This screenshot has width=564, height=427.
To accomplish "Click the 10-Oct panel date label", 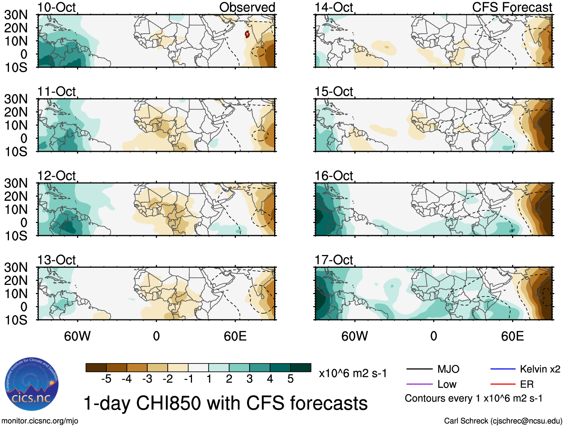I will (56, 7).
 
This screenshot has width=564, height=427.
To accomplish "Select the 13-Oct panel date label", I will (56, 260).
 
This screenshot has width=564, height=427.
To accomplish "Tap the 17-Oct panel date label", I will (334, 260).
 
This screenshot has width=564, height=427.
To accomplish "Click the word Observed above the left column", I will (247, 7).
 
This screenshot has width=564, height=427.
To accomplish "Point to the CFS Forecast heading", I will (512, 7).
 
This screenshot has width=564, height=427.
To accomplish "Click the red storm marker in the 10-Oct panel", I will (247, 34).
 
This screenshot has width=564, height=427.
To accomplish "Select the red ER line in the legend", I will (503, 384).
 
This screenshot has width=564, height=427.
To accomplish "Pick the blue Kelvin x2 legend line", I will (503, 369).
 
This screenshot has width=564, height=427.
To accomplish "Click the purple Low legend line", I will (419, 384).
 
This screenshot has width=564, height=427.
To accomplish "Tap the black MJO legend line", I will (419, 369).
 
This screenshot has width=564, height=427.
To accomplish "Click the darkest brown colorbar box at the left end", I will (96, 368).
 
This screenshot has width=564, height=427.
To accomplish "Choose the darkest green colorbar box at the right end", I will (301, 368).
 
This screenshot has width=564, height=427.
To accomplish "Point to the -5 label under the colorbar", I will (106, 379).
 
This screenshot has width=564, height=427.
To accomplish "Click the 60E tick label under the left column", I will (235, 336).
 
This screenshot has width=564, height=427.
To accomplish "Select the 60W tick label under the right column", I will (354, 336).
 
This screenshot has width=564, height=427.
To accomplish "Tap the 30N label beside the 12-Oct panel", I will (16, 183).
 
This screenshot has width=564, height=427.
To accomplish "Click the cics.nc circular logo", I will (31, 384).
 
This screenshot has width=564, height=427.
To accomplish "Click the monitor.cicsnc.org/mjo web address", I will (40, 421).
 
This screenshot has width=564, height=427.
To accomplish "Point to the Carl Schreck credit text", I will (503, 421).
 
